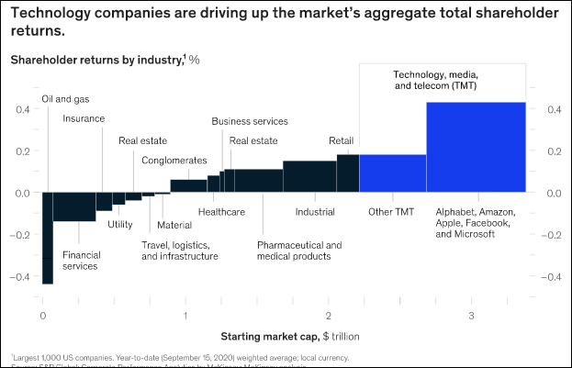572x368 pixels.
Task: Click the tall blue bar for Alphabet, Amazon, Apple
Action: [x=476, y=147]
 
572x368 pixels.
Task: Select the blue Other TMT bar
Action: [x=392, y=173]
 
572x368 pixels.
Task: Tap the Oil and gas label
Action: [x=66, y=99]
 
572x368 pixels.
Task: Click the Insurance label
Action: [x=84, y=118]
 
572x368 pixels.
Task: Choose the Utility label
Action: [x=120, y=224]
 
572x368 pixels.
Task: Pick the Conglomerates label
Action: [x=174, y=161]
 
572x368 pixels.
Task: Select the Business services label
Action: [x=250, y=121]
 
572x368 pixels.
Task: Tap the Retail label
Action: [x=342, y=141]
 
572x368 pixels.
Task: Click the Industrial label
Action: [x=315, y=212]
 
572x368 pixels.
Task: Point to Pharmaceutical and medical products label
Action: [x=299, y=251]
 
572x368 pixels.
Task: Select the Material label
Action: [x=174, y=225]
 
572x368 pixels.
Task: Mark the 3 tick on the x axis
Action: [x=471, y=317]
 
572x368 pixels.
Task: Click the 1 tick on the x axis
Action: [x=185, y=317]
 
